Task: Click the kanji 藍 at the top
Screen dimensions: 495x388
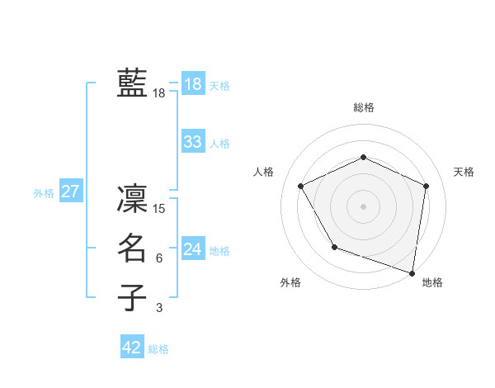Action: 132,83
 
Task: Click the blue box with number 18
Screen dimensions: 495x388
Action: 193,84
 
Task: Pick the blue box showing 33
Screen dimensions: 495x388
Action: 193,142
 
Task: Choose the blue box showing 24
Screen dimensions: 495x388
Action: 193,249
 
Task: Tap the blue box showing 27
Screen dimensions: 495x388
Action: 70,192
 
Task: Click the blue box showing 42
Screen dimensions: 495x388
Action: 132,348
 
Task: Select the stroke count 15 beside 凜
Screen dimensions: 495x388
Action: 159,208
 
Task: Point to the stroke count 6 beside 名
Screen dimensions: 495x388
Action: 159,258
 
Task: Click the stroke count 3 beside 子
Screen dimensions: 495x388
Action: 159,308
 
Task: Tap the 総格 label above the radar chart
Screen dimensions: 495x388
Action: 364,107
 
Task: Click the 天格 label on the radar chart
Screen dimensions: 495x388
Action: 464,172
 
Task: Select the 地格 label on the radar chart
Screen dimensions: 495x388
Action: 432,282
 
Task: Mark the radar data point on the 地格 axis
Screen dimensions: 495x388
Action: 412,272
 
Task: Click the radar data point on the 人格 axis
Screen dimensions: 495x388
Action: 301,186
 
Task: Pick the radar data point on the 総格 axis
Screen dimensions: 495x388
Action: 364,157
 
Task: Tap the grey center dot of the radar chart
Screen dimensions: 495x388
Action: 364,206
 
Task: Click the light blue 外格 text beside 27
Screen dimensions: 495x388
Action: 44,193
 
